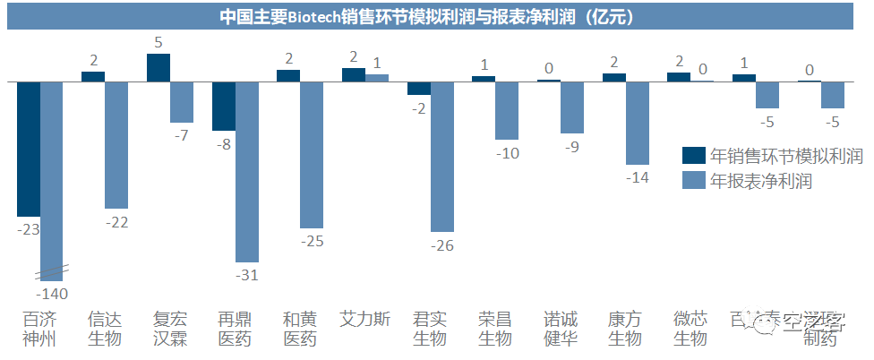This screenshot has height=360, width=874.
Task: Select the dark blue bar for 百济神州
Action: point(29,149)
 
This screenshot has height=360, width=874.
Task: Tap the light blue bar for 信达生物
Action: point(116,144)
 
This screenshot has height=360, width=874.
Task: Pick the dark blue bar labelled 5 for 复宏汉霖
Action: point(159,67)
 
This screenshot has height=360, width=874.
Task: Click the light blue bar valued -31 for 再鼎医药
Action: point(247,171)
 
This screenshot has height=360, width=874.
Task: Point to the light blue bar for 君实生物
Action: point(442,156)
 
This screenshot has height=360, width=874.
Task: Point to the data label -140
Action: point(52,293)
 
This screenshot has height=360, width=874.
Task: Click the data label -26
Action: point(442,244)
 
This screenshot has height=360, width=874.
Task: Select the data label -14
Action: point(638,177)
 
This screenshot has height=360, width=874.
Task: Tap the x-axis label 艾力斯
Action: point(365,319)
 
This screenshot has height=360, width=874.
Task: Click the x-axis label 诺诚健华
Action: point(561,329)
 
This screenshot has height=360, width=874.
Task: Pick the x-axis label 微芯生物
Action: point(690,329)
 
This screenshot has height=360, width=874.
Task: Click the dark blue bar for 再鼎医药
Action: point(224,106)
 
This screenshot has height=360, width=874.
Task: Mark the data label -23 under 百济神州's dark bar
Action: point(28,229)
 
